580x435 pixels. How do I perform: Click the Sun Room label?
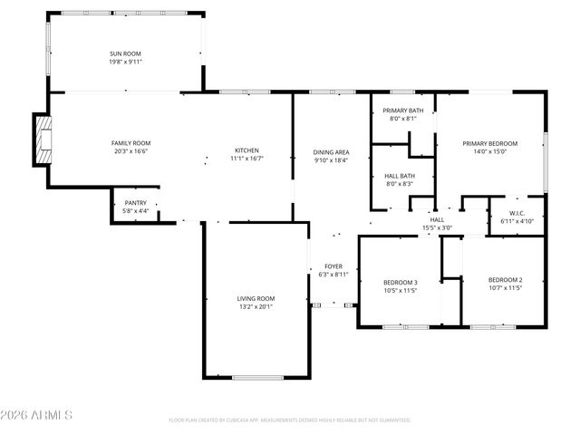(125, 54)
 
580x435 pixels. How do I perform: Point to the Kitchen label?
(247, 150)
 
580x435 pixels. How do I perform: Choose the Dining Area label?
(331, 151)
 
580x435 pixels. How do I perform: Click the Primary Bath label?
(402, 111)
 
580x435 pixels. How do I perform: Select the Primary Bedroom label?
(489, 143)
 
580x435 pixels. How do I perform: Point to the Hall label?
(437, 219)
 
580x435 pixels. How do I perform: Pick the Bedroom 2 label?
(505, 279)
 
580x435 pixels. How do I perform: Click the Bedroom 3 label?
(400, 283)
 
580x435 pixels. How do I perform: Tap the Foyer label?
(333, 266)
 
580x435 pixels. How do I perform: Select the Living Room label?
(255, 298)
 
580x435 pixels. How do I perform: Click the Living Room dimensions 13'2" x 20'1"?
(255, 307)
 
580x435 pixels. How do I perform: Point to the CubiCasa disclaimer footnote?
(290, 420)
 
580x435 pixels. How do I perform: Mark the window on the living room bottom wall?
(257, 377)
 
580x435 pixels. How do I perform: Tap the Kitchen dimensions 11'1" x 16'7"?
(247, 159)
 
